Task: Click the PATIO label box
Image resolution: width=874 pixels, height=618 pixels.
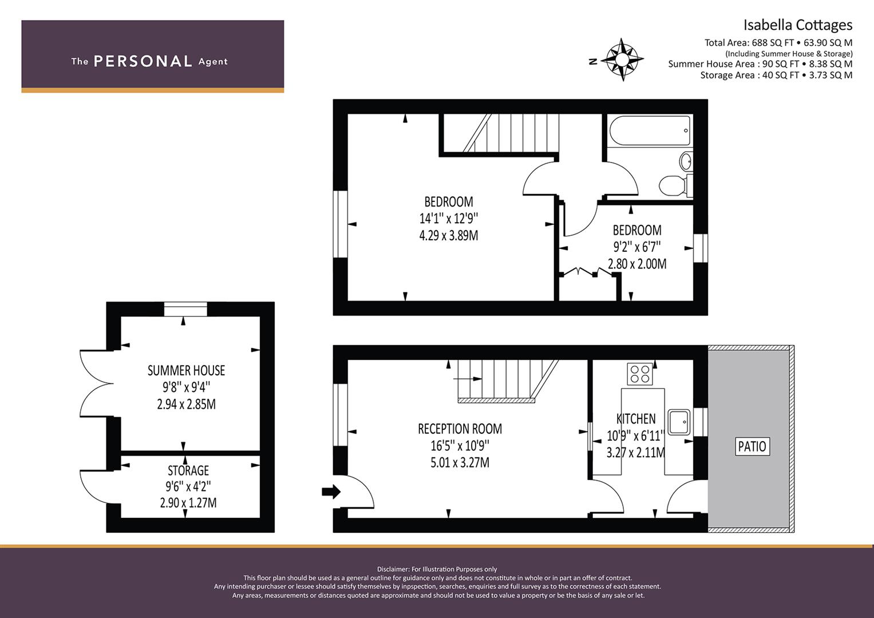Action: [x=752, y=446]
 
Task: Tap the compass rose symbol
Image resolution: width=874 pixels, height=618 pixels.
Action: [x=622, y=60]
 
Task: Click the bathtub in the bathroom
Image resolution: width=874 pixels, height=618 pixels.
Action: [x=649, y=130]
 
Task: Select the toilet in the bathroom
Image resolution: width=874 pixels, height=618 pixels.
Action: [x=675, y=185]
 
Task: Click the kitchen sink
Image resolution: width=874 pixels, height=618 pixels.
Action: [x=679, y=422]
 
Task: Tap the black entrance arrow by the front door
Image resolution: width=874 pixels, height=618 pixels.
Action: [x=331, y=492]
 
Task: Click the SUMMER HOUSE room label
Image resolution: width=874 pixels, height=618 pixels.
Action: [x=186, y=370]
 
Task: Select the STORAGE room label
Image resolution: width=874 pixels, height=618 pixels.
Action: [x=188, y=470]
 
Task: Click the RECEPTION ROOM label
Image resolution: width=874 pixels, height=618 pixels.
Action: [x=460, y=429]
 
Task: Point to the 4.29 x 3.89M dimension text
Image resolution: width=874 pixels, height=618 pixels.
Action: [x=449, y=236]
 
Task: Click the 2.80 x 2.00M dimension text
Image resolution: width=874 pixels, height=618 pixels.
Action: [x=637, y=264]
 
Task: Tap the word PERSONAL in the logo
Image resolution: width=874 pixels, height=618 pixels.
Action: [x=143, y=61]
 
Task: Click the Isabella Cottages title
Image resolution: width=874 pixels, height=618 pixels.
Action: [x=798, y=25]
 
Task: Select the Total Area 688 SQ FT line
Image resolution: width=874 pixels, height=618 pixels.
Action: [x=778, y=42]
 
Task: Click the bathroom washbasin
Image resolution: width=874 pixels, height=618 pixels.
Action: [x=686, y=161]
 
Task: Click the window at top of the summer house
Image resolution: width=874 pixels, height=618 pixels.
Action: [x=185, y=310]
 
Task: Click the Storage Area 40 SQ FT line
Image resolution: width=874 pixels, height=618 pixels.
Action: [x=777, y=75]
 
